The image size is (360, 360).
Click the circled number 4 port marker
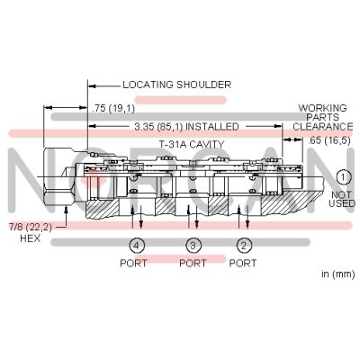point(137,246)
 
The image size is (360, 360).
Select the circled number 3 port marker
point(193,246)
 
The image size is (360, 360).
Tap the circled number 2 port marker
point(244,246)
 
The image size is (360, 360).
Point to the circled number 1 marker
point(342,177)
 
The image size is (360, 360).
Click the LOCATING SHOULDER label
point(177,85)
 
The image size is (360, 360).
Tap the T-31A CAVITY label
point(192,145)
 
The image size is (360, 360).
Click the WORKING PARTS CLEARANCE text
point(323,117)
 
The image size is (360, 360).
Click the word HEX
point(30,238)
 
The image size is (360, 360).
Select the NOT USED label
point(342,199)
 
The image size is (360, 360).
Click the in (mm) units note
point(338,274)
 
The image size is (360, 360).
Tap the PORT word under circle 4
point(133,264)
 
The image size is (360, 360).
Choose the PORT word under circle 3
point(193,264)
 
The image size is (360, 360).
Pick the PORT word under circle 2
point(243,264)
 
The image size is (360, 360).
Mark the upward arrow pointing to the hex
point(66,215)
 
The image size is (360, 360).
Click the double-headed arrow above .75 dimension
point(66,107)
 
